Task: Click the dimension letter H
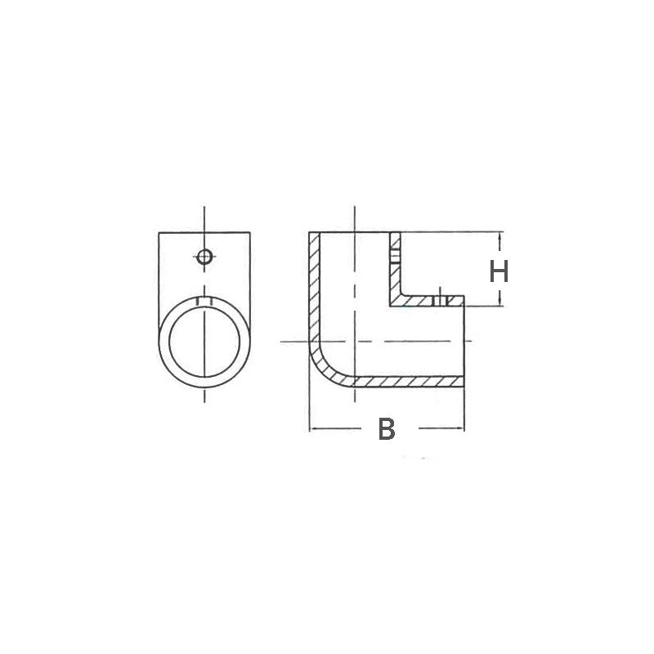[x=499, y=270]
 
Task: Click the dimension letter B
[x=387, y=428]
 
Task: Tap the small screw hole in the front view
[x=204, y=256]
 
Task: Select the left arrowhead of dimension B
[x=311, y=428]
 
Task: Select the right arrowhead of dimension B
[x=462, y=428]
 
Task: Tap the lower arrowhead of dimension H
[x=499, y=303]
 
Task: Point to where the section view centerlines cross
[x=353, y=340]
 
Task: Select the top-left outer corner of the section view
[x=309, y=233]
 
